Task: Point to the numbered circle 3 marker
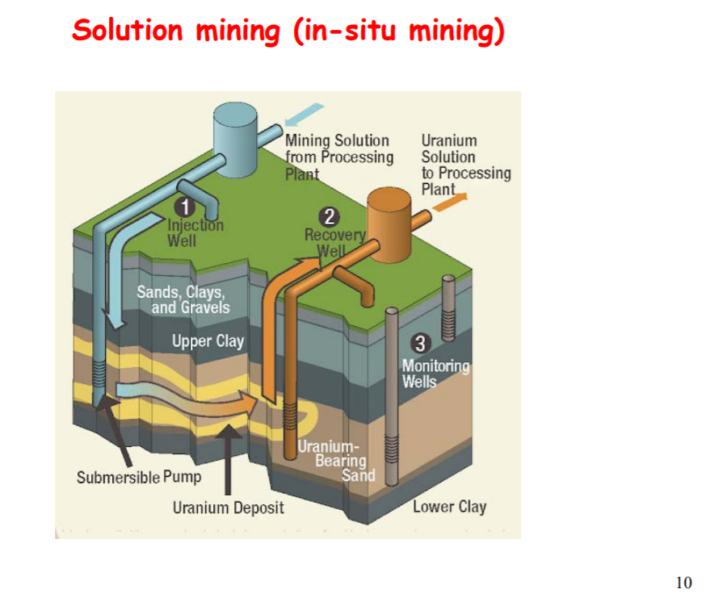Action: [419, 341]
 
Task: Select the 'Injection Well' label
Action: [195, 232]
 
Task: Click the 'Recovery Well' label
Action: [331, 242]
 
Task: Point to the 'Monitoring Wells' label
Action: [435, 373]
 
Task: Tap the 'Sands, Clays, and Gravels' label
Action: [183, 299]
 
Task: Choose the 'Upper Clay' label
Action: [208, 341]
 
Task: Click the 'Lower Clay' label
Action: [449, 507]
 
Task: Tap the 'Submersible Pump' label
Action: [139, 477]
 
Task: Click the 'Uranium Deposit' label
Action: [228, 508]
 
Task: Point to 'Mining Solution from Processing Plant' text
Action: [338, 157]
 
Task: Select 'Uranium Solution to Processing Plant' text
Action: [465, 165]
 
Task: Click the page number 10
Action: [683, 582]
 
